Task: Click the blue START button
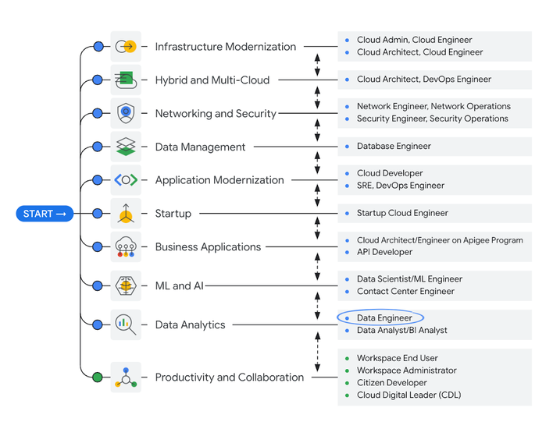click(x=45, y=214)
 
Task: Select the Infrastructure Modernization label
click(x=225, y=47)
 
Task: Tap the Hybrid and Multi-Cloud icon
click(x=126, y=80)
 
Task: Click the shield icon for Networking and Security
click(x=126, y=113)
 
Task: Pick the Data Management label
click(x=200, y=147)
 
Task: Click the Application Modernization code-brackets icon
click(x=126, y=180)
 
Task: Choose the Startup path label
click(x=173, y=213)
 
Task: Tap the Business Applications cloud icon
click(x=126, y=246)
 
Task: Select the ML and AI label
click(x=179, y=285)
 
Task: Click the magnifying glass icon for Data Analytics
click(x=126, y=324)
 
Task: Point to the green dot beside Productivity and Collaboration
click(x=98, y=378)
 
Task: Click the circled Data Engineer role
click(x=384, y=318)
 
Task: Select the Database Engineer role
click(x=394, y=146)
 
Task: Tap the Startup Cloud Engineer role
click(x=402, y=213)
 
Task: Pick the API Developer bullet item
click(x=384, y=252)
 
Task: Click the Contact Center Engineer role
click(x=405, y=292)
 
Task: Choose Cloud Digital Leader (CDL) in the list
click(x=409, y=395)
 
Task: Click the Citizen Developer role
click(x=391, y=383)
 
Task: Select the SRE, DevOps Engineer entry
click(x=400, y=186)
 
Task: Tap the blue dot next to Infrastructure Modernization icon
click(x=98, y=47)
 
